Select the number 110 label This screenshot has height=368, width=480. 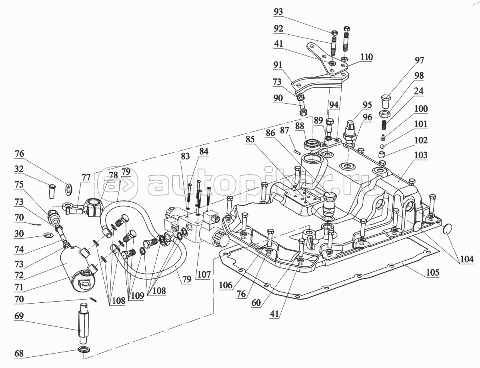[x=366, y=57]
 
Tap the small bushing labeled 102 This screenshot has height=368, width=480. [x=383, y=155]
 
